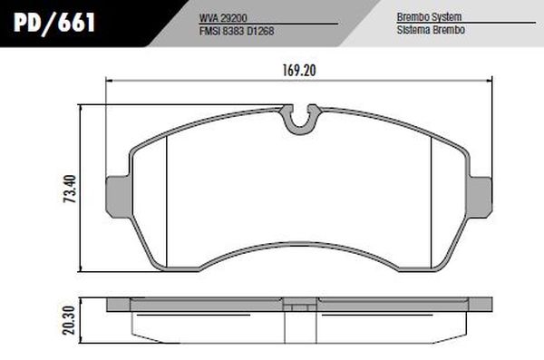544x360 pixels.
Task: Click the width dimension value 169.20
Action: (x=295, y=69)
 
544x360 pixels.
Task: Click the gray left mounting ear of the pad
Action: (x=118, y=192)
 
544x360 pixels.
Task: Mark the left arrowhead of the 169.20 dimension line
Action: (x=112, y=82)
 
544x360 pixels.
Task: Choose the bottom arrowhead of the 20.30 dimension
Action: (x=83, y=335)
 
